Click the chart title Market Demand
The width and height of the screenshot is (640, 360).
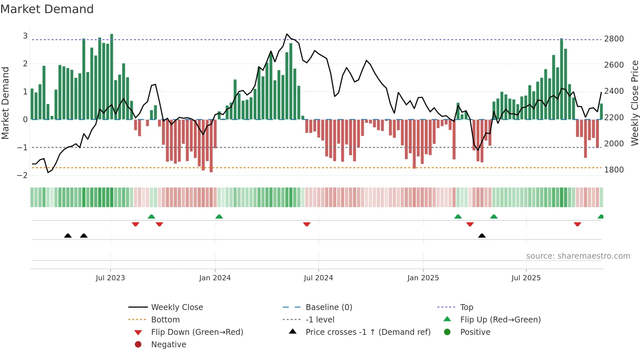click(x=47, y=9)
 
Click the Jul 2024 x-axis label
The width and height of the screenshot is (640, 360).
click(x=318, y=278)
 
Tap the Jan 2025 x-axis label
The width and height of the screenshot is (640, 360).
click(x=423, y=278)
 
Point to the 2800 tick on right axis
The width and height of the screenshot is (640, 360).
click(x=614, y=39)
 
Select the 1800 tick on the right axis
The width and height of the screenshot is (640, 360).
click(x=614, y=170)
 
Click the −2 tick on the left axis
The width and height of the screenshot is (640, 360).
click(x=22, y=175)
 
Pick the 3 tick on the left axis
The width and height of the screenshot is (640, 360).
click(x=25, y=36)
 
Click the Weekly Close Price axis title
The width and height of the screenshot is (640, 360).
click(x=634, y=103)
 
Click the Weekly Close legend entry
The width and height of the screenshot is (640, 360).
click(x=177, y=307)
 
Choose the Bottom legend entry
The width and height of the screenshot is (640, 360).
click(x=165, y=320)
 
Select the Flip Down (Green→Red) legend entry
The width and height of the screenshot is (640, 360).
click(x=197, y=332)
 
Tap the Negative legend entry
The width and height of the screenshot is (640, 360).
click(x=168, y=345)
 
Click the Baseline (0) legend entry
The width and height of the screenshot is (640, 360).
click(x=328, y=307)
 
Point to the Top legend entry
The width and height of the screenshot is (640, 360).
click(x=467, y=307)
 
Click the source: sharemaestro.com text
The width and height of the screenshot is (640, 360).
click(x=578, y=256)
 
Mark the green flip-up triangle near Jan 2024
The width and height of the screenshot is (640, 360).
click(x=219, y=217)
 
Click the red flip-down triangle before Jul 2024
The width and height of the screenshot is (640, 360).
click(x=307, y=224)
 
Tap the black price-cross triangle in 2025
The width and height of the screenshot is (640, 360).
click(x=482, y=236)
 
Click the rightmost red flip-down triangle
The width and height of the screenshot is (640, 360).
click(x=577, y=224)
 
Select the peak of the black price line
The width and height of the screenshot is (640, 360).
click(x=287, y=34)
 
